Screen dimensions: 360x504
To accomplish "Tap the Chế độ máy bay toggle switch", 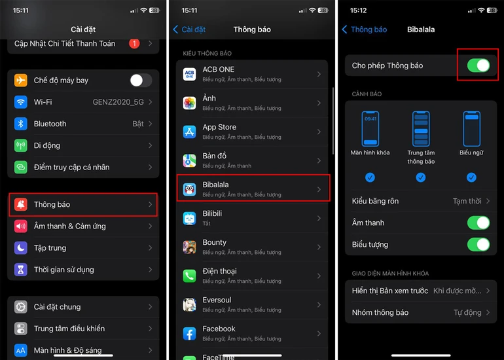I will (x=140, y=81).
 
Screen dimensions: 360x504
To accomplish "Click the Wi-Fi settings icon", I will (x=21, y=102).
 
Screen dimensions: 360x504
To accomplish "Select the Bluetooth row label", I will (x=50, y=124).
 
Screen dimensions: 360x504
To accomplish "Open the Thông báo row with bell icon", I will (x=84, y=205).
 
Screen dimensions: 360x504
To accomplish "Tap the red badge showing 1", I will (x=134, y=44).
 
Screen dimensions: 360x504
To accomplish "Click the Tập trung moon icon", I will (x=21, y=248).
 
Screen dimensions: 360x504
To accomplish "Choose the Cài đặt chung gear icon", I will (x=21, y=307).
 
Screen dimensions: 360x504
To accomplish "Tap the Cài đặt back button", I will (x=189, y=29).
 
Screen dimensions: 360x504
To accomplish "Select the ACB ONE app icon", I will (x=189, y=74).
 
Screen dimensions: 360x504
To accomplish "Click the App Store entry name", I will (x=219, y=127).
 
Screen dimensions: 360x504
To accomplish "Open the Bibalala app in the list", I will (x=253, y=189).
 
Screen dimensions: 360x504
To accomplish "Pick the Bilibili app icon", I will (x=189, y=219).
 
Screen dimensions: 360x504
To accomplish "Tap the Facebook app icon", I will (x=189, y=334).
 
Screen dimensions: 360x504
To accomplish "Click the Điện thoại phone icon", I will (x=189, y=276).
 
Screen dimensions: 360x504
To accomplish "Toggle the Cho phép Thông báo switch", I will (x=478, y=65).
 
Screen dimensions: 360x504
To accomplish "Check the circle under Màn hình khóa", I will (x=370, y=177).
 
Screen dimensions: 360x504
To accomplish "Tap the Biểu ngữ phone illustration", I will (x=471, y=129).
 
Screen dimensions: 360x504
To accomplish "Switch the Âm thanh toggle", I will (x=478, y=223).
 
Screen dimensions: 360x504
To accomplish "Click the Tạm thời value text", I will (x=467, y=201).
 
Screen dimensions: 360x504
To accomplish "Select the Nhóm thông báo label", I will (x=380, y=312).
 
